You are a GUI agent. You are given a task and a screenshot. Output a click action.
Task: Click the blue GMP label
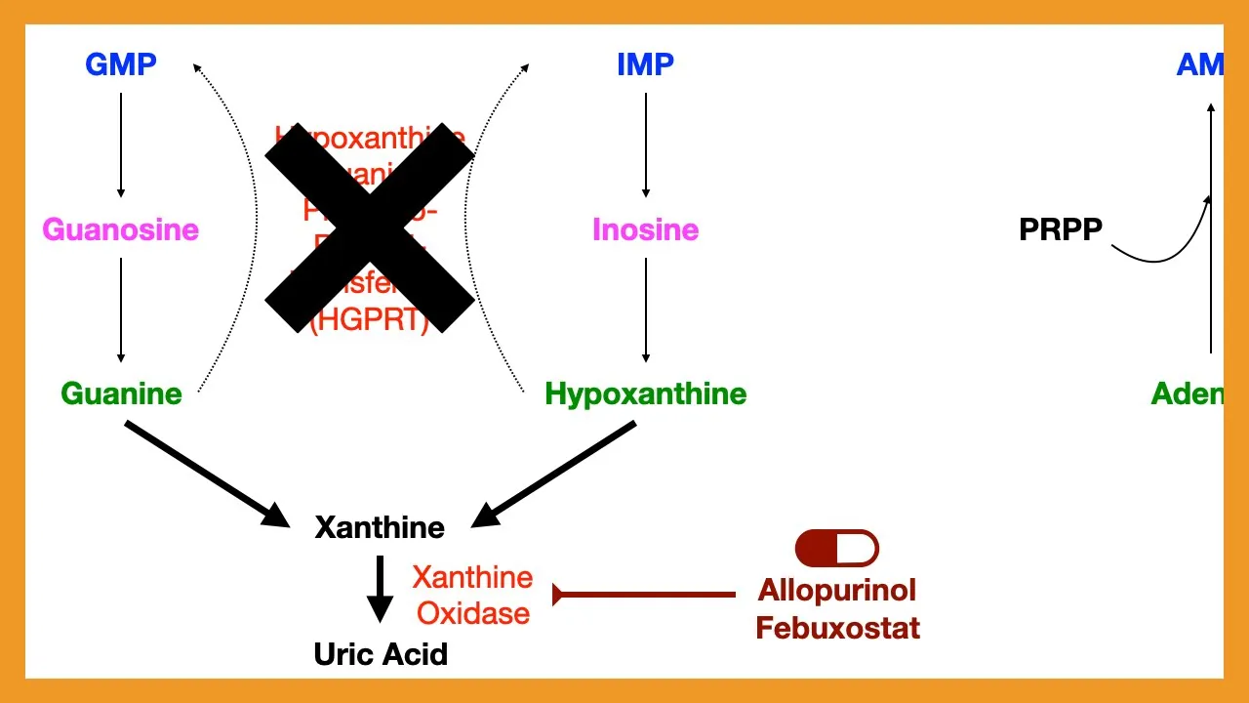coord(121,64)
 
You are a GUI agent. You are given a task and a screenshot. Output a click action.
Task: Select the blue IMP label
coord(645,64)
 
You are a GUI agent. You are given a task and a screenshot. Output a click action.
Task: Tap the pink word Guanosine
coord(120,230)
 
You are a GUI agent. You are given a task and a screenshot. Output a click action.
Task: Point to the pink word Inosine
coord(645,230)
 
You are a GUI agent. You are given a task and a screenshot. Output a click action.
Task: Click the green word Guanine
coord(121,393)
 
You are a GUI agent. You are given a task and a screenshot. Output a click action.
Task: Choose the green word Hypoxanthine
coord(645,393)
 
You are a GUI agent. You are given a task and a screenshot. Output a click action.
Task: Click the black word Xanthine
coord(380,527)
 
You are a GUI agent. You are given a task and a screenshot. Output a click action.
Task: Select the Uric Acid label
coord(381,653)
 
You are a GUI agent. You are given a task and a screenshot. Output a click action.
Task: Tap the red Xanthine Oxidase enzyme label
coord(472,595)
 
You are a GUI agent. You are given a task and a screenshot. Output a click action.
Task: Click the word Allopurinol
coord(837,590)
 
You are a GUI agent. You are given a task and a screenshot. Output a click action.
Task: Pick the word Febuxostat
coord(837,627)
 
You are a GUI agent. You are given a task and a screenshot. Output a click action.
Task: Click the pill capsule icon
coord(837,549)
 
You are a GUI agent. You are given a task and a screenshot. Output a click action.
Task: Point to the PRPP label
coord(1061,229)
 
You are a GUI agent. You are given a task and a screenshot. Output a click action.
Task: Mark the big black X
coord(370,227)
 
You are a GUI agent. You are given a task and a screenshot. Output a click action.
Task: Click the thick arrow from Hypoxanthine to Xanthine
coord(554,473)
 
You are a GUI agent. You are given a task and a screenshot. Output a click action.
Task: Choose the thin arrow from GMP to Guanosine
coord(121,145)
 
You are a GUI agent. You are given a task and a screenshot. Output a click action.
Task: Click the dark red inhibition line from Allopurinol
coord(644,594)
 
